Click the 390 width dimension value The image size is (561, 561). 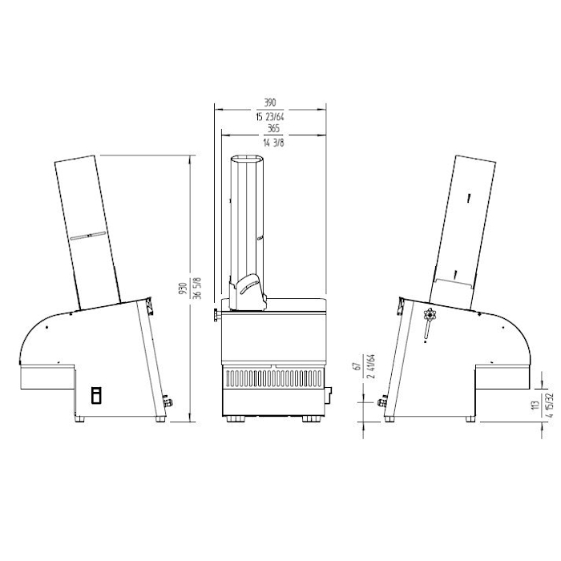pyautogui.click(x=270, y=103)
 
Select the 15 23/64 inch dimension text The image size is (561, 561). pyautogui.click(x=270, y=117)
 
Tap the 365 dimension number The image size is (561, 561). pyautogui.click(x=274, y=128)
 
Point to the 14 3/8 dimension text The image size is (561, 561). pyautogui.click(x=274, y=143)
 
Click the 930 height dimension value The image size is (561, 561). pyautogui.click(x=184, y=289)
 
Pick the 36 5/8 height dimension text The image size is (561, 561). pyautogui.click(x=197, y=288)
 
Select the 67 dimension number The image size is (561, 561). pyautogui.click(x=357, y=366)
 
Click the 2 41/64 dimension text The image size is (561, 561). pyautogui.click(x=371, y=366)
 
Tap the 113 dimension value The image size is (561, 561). pyautogui.click(x=535, y=405)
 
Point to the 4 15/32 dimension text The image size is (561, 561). pyautogui.click(x=550, y=405)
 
